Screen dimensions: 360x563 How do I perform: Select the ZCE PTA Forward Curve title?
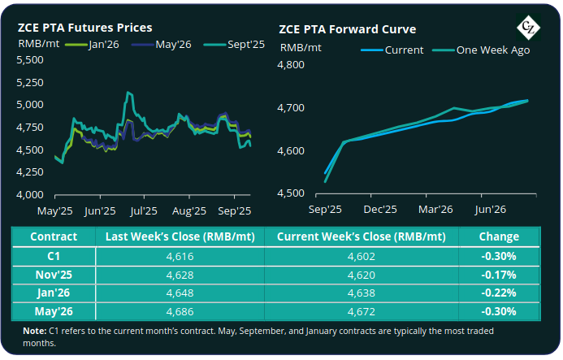pos(349,29)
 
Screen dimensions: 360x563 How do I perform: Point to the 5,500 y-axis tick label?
pos(33,59)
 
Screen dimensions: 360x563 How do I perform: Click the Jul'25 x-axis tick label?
pos(144,210)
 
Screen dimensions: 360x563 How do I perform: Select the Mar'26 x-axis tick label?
pos(435,209)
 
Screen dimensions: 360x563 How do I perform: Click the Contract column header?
pos(54,236)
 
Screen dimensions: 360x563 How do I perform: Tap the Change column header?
pos(500,236)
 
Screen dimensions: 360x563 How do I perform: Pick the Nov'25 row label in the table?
pos(54,274)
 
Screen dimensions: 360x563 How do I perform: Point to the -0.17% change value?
pos(500,274)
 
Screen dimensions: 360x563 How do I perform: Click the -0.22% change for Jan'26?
pos(500,293)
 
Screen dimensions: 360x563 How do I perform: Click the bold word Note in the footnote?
pos(35,331)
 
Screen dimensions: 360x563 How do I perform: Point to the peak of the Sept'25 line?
pos(128,93)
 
